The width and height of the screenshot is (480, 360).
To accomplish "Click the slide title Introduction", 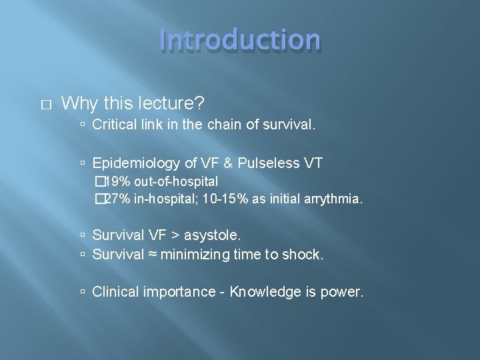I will tap(240, 40).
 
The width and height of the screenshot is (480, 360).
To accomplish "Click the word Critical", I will tap(115, 125).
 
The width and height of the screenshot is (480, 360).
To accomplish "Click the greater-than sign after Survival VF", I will tap(175, 235).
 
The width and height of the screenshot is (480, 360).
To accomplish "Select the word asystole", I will tap(213, 235).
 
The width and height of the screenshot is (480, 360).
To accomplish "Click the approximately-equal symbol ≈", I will tap(153, 254).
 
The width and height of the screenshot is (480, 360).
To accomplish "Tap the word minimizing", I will tap(193, 254).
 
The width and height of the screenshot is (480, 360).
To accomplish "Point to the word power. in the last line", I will tap(344, 291).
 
